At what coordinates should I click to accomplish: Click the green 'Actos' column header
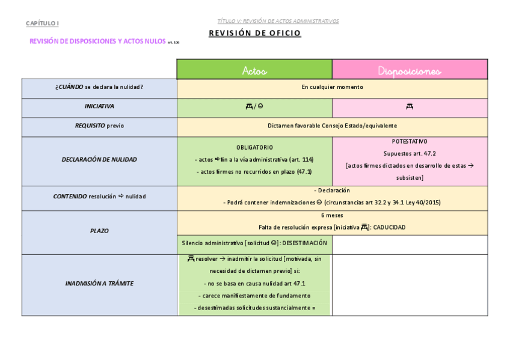click(x=254, y=70)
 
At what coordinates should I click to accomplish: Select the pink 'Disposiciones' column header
click(x=410, y=70)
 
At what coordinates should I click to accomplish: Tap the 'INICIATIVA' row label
click(x=99, y=106)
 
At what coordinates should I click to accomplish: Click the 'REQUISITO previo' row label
click(x=99, y=126)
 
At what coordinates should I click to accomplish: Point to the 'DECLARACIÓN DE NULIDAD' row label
click(x=99, y=160)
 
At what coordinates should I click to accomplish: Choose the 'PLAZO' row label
click(x=99, y=231)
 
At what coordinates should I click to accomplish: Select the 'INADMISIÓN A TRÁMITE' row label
click(x=99, y=283)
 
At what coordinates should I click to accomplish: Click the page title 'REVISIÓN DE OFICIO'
click(x=255, y=34)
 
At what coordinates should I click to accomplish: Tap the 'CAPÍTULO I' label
click(x=43, y=23)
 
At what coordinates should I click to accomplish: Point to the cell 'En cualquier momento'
click(x=332, y=87)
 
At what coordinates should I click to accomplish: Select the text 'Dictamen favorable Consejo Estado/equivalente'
click(x=332, y=126)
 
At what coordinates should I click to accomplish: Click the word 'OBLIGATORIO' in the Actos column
click(x=254, y=147)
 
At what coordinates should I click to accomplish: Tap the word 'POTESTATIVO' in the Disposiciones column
click(x=410, y=141)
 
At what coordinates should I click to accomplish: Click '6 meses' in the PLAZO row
click(x=332, y=215)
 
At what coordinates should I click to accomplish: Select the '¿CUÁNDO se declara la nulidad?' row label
click(x=99, y=87)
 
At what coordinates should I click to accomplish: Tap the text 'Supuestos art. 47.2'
click(x=410, y=153)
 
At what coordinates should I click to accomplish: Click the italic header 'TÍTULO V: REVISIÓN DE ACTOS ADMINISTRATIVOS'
click(x=278, y=21)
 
